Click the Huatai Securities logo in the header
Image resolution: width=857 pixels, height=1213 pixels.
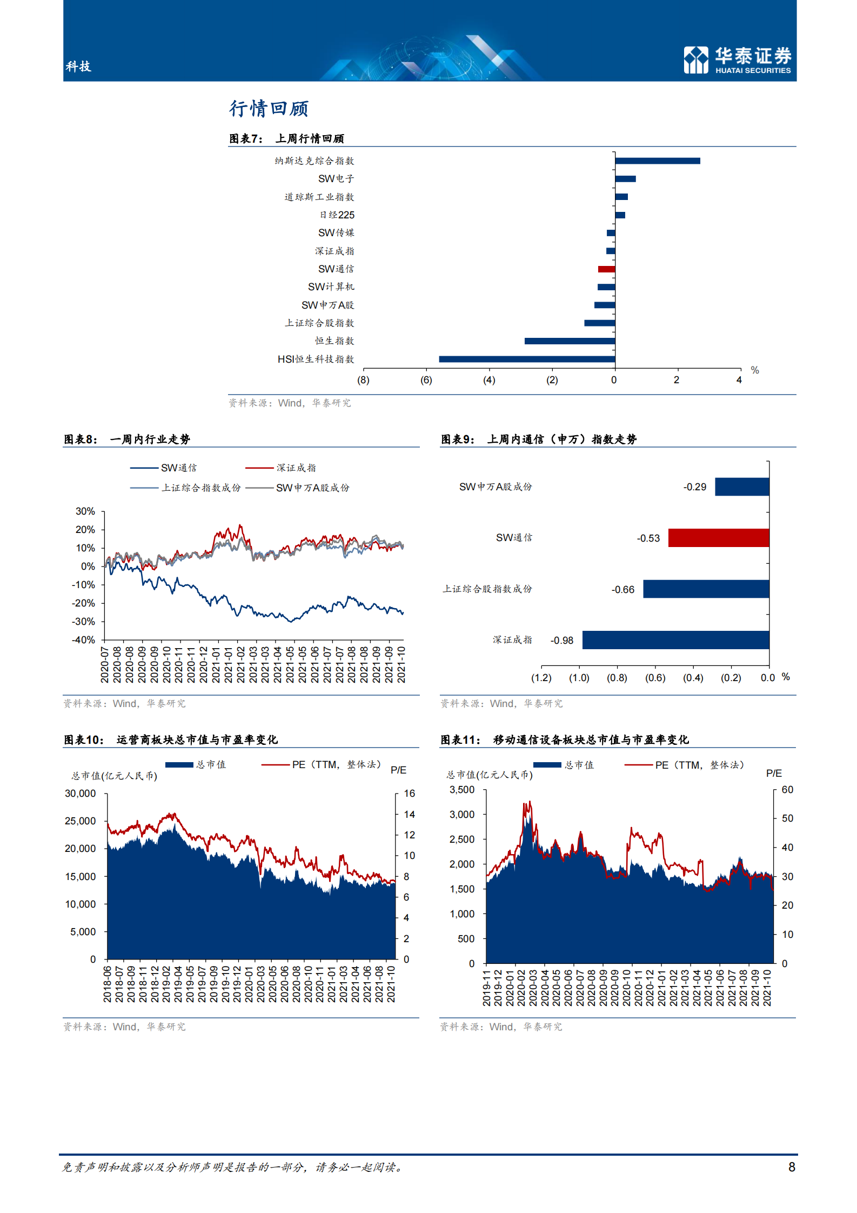pyautogui.click(x=737, y=59)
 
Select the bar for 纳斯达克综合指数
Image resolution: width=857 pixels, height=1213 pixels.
pyautogui.click(x=657, y=161)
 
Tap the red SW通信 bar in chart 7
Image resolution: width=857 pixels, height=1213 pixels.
pyautogui.click(x=606, y=269)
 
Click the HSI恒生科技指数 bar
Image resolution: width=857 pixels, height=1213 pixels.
pyautogui.click(x=527, y=359)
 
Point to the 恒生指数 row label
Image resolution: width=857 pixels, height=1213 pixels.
pyautogui.click(x=334, y=341)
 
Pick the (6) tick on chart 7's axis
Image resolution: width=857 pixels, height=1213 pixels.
pyautogui.click(x=426, y=380)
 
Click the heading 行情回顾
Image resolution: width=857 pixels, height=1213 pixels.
pyautogui.click(x=269, y=109)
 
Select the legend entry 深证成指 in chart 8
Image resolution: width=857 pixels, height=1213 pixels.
pyautogui.click(x=296, y=468)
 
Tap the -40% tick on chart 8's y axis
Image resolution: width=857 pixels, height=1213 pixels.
pyautogui.click(x=84, y=640)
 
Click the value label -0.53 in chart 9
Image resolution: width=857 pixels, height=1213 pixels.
pyautogui.click(x=648, y=538)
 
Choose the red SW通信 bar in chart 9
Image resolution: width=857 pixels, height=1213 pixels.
pyautogui.click(x=718, y=538)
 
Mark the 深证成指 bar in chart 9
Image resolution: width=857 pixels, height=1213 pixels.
pyautogui.click(x=675, y=640)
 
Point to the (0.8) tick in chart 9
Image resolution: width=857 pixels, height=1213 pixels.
pyautogui.click(x=617, y=678)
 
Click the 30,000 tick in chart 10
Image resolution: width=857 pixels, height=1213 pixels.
pyautogui.click(x=80, y=794)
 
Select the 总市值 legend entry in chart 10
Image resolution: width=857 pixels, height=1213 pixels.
pyautogui.click(x=211, y=764)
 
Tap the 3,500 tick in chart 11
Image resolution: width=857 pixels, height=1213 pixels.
pyautogui.click(x=462, y=790)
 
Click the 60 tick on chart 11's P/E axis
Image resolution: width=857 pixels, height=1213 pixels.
pyautogui.click(x=787, y=790)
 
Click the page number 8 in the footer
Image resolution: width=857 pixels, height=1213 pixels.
pyautogui.click(x=792, y=1167)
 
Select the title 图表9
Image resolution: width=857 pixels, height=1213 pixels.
pyautogui.click(x=458, y=439)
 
